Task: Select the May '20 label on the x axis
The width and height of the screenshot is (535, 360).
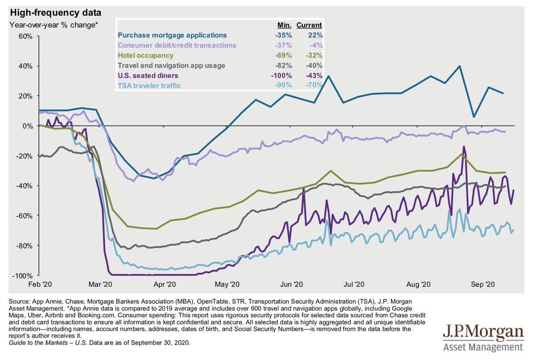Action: (227, 284)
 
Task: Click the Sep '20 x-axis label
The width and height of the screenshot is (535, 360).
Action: (484, 284)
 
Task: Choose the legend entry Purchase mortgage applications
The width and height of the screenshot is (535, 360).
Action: (172, 35)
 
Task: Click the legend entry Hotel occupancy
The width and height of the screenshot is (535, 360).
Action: (145, 56)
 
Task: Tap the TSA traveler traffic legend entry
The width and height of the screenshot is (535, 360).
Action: (149, 85)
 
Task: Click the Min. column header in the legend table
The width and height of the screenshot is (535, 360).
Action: (284, 25)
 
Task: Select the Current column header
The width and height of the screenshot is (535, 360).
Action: (309, 25)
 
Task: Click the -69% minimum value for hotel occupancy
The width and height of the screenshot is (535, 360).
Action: (284, 56)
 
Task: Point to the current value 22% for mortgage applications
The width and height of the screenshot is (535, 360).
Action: (315, 35)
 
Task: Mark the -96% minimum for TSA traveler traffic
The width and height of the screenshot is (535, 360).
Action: (284, 85)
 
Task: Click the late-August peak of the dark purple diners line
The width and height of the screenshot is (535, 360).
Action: (464, 146)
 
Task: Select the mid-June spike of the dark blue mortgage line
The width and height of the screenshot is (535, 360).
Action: (328, 76)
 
